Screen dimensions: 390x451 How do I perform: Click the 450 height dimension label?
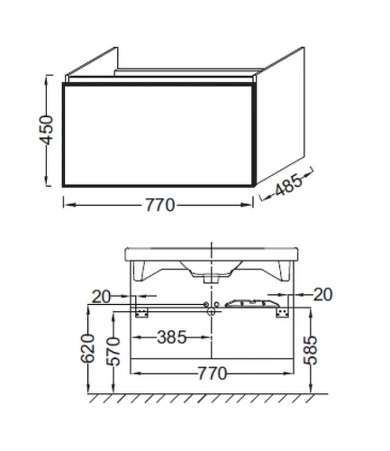(x=46, y=130)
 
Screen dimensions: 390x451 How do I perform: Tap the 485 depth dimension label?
(x=288, y=185)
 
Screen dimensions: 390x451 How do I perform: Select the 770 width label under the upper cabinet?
(x=160, y=205)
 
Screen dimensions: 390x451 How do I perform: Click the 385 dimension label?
(x=172, y=337)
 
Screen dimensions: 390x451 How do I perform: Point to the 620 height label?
(x=87, y=348)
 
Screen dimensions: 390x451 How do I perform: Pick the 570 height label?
(x=113, y=352)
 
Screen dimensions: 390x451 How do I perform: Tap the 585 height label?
(x=311, y=350)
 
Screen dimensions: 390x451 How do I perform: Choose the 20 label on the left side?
(x=101, y=297)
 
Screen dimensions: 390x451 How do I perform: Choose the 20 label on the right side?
(x=322, y=294)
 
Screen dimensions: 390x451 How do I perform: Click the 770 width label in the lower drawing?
(x=213, y=373)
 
